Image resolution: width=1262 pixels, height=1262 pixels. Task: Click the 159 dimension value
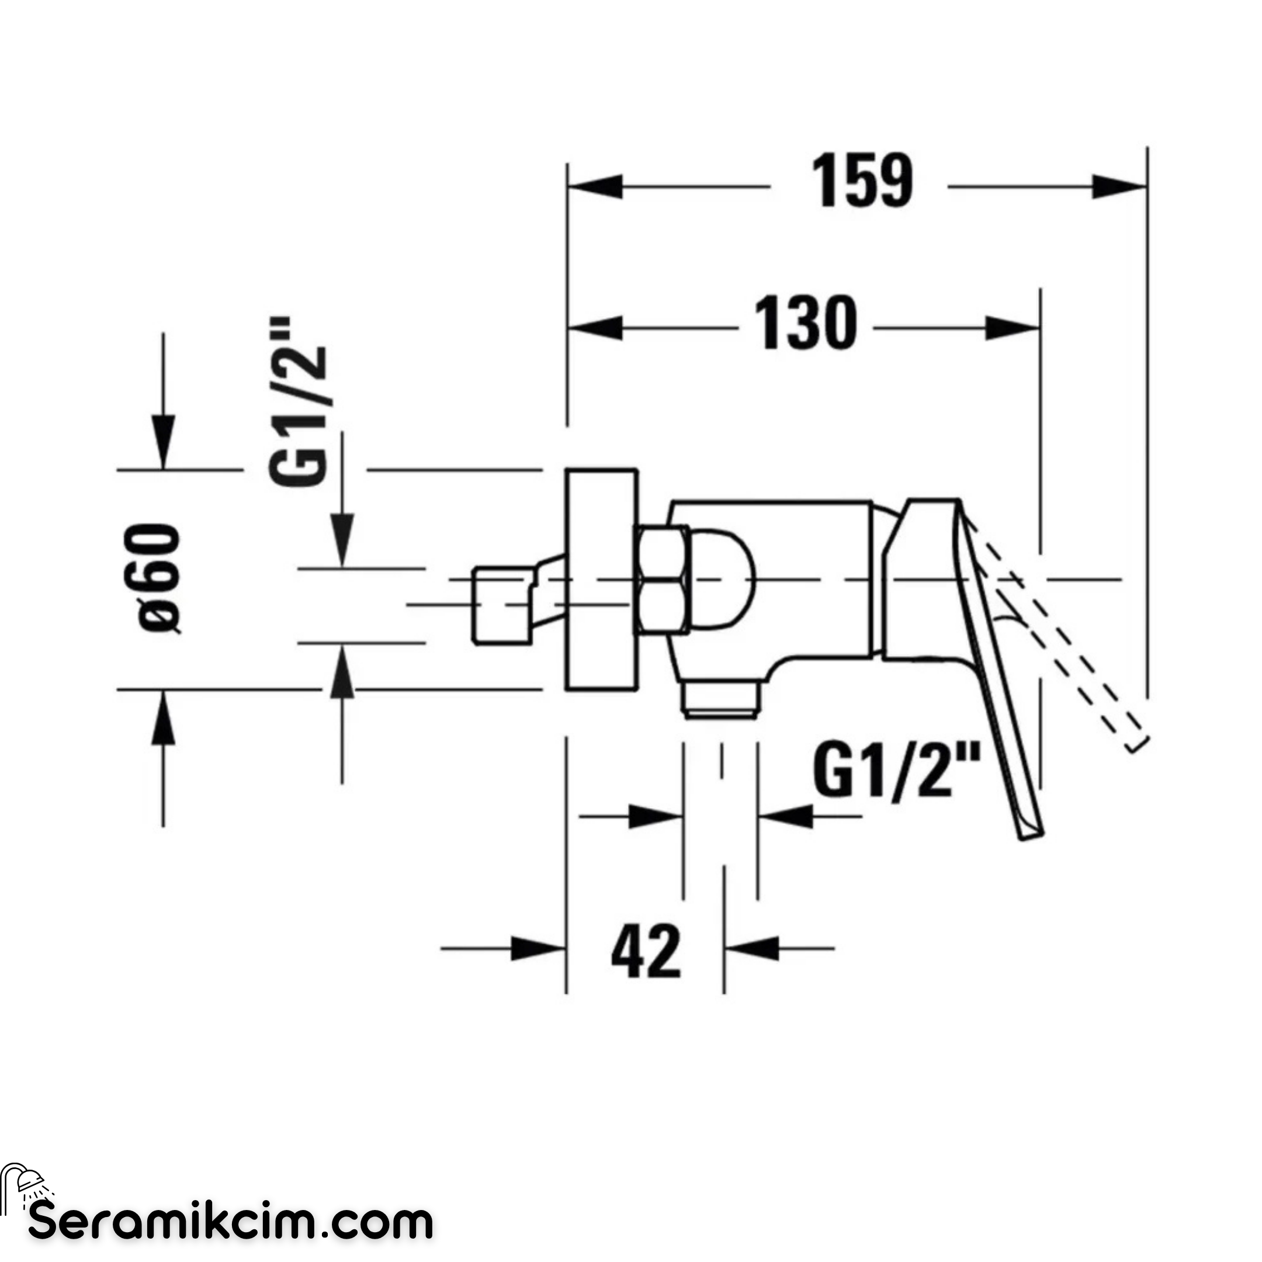coord(862,181)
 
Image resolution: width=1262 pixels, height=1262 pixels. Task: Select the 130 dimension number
coord(805,323)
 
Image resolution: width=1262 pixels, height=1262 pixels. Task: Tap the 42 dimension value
coord(646,951)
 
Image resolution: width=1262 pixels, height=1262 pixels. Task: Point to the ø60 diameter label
coord(160,578)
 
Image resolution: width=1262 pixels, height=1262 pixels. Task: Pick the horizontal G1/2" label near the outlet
coord(897,773)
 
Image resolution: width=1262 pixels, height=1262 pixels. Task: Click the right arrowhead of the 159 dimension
coord(1119,187)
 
